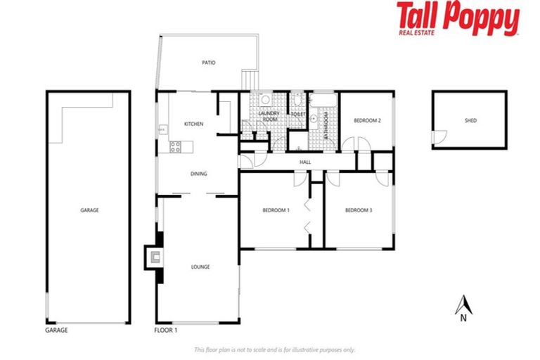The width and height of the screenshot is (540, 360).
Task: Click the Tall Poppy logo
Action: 457,19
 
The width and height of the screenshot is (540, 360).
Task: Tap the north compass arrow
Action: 463,305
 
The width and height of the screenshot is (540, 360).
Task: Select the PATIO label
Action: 208,63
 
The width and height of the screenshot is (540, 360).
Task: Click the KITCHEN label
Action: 193,124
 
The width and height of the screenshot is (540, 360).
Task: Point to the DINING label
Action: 198,174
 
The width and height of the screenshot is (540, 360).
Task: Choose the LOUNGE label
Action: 200,267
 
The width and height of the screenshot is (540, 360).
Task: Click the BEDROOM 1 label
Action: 276,210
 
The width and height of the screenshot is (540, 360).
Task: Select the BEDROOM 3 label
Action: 359,210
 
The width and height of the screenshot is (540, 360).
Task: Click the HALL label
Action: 305,162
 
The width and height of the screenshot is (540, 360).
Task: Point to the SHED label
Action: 470,120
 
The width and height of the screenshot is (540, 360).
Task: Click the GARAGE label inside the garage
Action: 89,210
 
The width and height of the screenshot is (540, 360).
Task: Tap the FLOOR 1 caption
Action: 165,329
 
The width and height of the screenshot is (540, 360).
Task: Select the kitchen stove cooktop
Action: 176,147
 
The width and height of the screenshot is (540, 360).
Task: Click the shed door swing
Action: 439,138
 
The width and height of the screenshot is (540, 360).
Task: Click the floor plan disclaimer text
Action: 274,349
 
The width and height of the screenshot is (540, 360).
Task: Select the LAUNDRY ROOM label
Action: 270,117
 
